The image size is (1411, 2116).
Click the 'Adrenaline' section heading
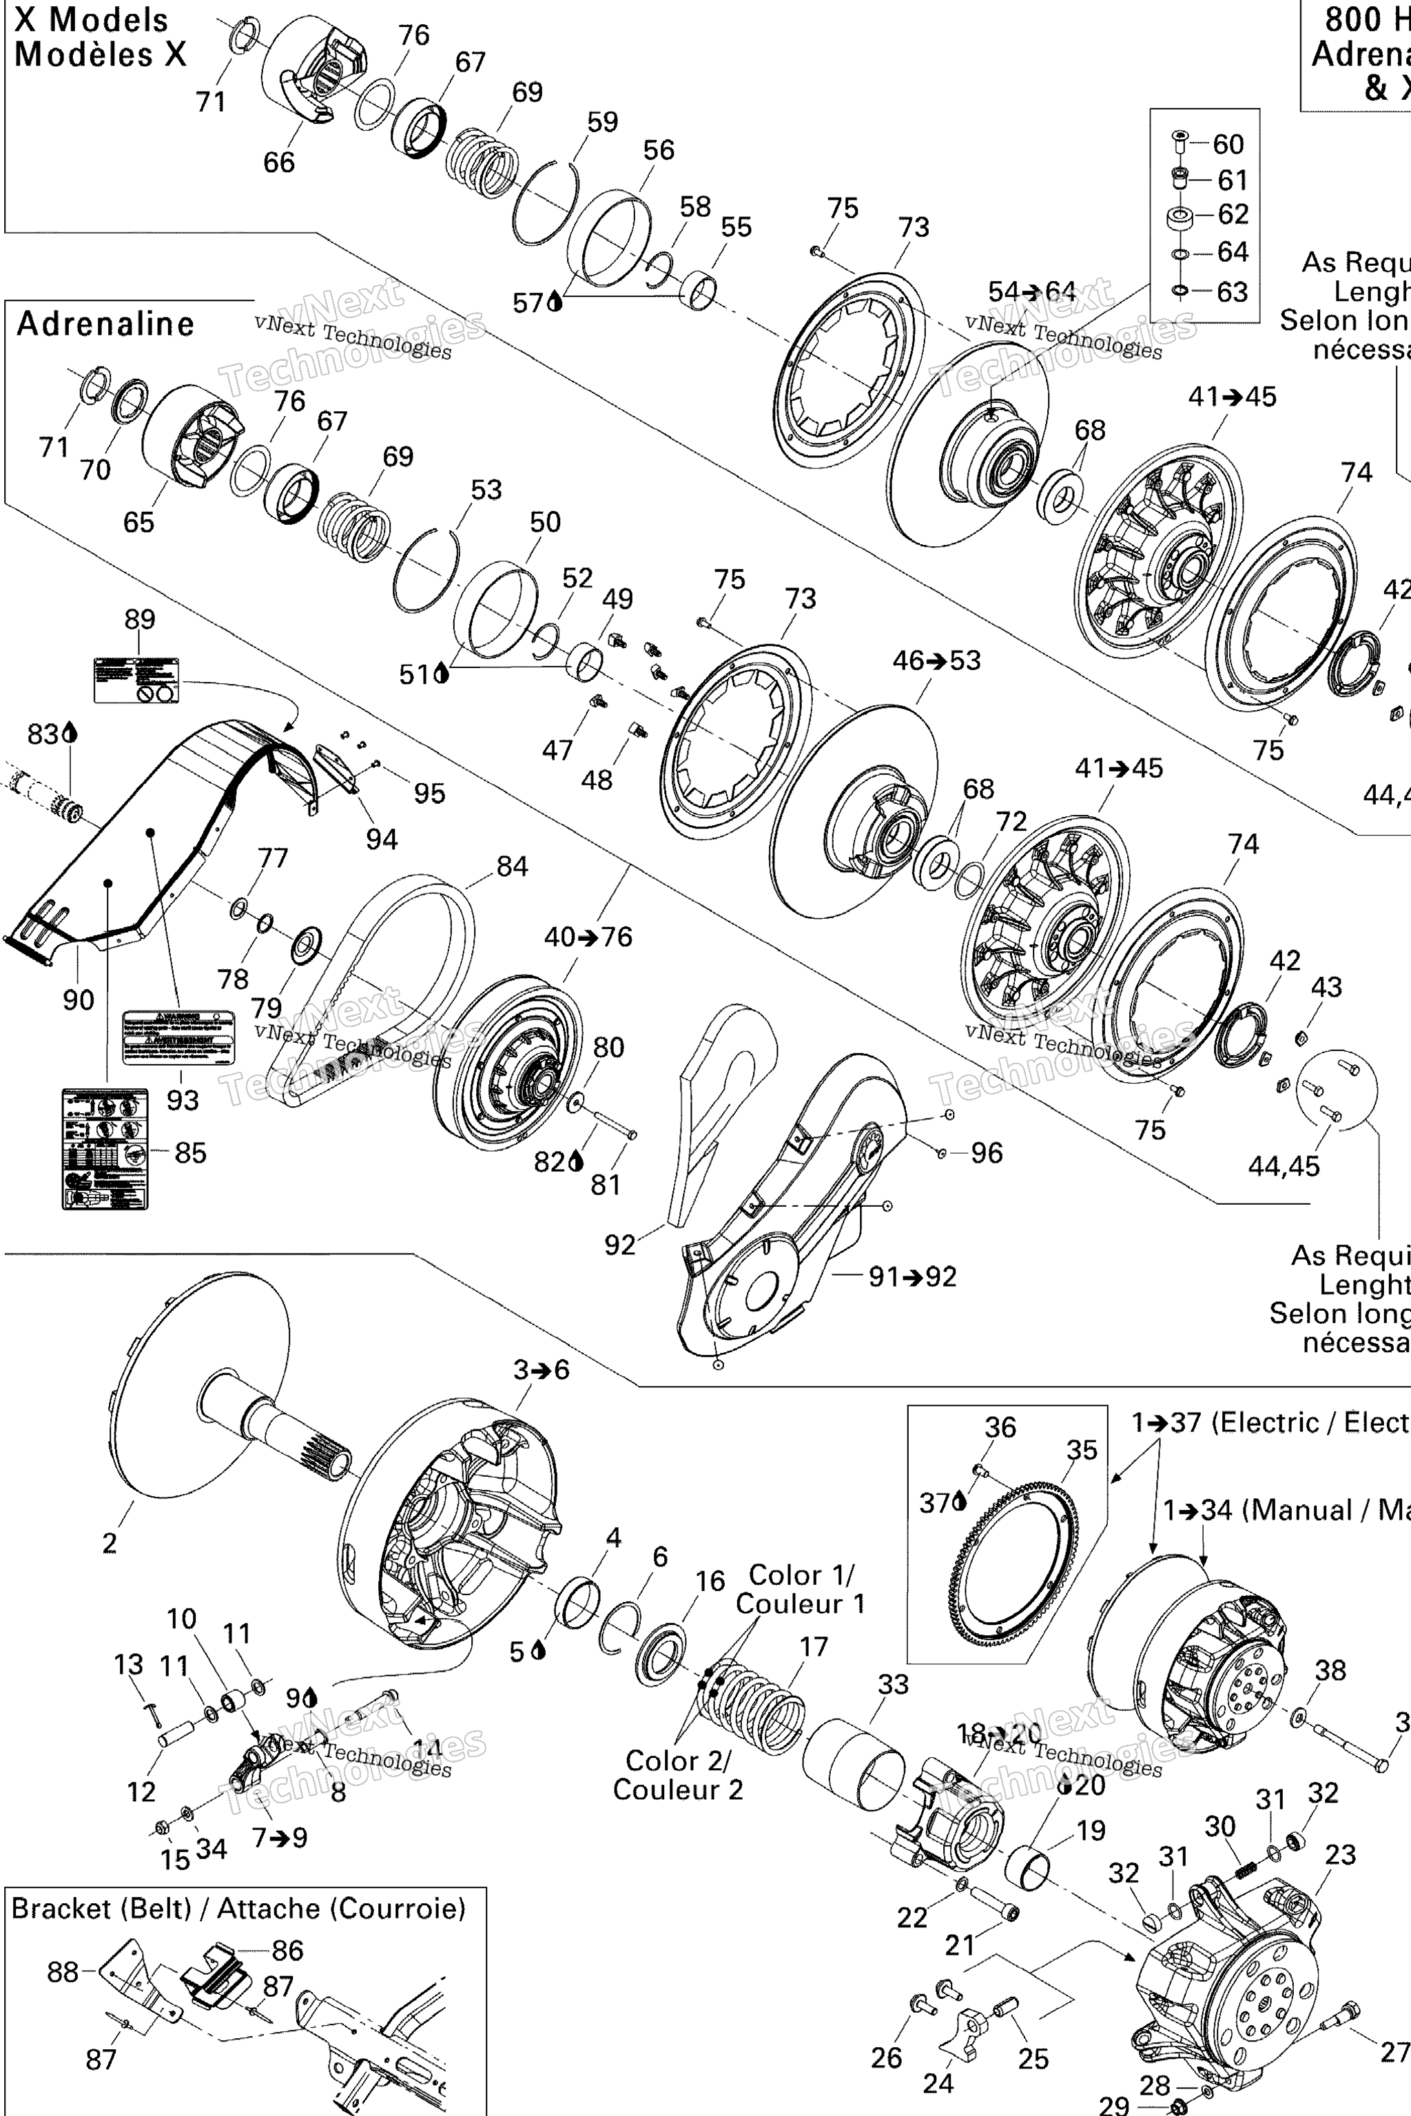(x=105, y=324)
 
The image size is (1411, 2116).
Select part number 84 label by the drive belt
(x=511, y=867)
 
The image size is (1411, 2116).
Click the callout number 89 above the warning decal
(x=139, y=619)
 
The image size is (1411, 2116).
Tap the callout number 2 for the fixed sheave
(x=109, y=1543)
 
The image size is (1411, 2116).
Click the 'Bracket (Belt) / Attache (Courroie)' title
(x=238, y=1908)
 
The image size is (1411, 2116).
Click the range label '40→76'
(x=588, y=937)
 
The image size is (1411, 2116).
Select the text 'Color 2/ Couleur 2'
(x=678, y=1775)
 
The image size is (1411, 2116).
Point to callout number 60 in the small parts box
(x=1228, y=144)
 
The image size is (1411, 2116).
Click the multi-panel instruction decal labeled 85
(x=105, y=1149)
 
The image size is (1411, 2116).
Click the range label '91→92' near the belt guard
(x=912, y=1276)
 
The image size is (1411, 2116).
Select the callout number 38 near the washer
(x=1330, y=1670)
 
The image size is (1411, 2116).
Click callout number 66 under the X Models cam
(x=278, y=162)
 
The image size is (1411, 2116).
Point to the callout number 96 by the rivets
(x=987, y=1152)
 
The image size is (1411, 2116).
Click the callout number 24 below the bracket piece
(x=937, y=2083)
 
